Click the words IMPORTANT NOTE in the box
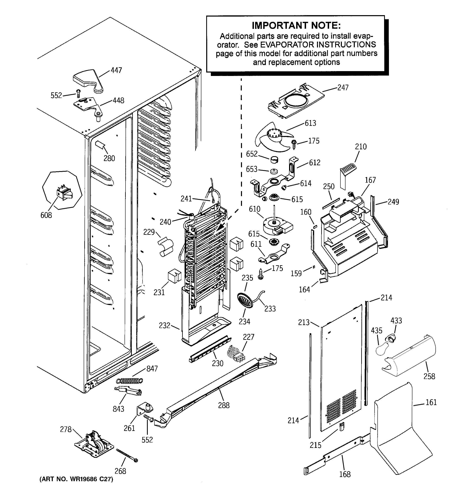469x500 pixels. pos(296,25)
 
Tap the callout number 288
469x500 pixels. pos(224,405)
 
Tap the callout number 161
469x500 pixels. pos(431,402)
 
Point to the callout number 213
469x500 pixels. pos(304,322)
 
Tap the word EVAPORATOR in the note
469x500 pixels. pos(287,45)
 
